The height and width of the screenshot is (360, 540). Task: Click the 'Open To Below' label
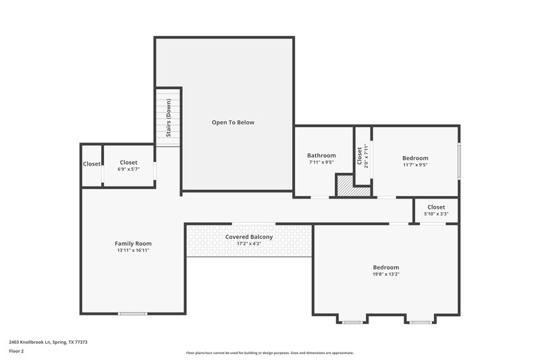click(x=233, y=122)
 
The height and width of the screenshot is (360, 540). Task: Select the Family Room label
click(x=133, y=243)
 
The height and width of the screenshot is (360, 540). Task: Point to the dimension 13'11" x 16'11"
click(x=133, y=251)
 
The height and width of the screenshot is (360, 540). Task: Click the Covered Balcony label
click(x=249, y=237)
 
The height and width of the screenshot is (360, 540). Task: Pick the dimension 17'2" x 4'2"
click(x=249, y=245)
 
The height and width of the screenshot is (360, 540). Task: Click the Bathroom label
click(x=321, y=155)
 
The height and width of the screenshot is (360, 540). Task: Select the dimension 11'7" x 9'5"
click(x=416, y=165)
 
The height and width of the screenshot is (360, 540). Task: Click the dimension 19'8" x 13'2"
click(x=386, y=275)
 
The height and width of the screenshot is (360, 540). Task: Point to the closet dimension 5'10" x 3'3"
click(x=436, y=214)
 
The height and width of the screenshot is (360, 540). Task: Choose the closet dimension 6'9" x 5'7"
click(x=128, y=170)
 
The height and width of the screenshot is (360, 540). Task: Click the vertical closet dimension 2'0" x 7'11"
click(x=365, y=155)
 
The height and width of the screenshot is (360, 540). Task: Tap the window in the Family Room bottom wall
click(x=133, y=313)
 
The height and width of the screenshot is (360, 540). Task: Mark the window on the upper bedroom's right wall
click(x=459, y=161)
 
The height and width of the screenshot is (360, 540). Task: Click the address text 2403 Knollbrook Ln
click(x=48, y=342)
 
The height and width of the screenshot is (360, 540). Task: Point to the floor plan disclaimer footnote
click(x=269, y=353)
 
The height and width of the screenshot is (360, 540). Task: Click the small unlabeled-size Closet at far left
click(x=91, y=164)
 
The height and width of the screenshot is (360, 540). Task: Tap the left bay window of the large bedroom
click(x=352, y=322)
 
